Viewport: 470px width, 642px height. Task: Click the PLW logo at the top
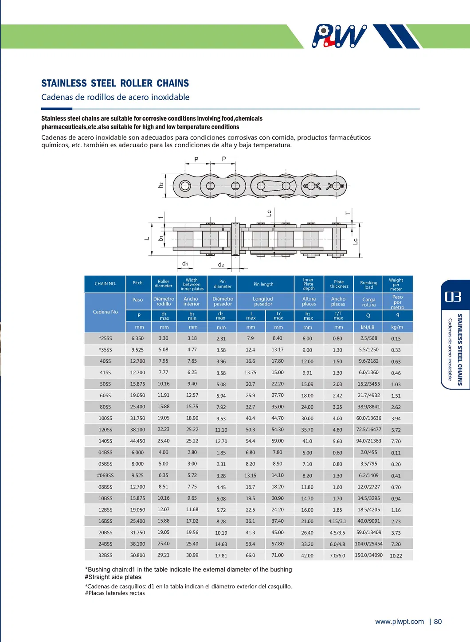pyautogui.click(x=339, y=36)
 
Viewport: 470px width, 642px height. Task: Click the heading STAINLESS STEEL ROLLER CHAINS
pyautogui.click(x=115, y=83)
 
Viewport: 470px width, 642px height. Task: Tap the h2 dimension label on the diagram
pyautogui.click(x=161, y=184)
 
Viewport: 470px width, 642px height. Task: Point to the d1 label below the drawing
pyautogui.click(x=185, y=264)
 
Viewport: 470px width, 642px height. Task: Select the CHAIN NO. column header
pyautogui.click(x=105, y=284)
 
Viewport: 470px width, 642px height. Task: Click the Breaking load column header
pyautogui.click(x=368, y=285)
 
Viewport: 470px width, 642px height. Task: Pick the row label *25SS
pyautogui.click(x=105, y=338)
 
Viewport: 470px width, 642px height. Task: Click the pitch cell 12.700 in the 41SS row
pyautogui.click(x=137, y=373)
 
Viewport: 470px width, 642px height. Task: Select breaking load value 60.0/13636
pyautogui.click(x=368, y=418)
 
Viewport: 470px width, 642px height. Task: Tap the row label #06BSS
pyautogui.click(x=105, y=475)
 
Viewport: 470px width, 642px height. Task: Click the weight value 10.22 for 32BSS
pyautogui.click(x=396, y=556)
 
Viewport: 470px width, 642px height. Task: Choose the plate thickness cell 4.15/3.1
pyautogui.click(x=337, y=521)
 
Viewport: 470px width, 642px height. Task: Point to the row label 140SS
pyautogui.click(x=105, y=441)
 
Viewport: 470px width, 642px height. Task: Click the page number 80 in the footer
pyautogui.click(x=438, y=622)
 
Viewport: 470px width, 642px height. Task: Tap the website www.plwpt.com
pyautogui.click(x=399, y=622)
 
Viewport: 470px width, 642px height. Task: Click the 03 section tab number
pyautogui.click(x=453, y=296)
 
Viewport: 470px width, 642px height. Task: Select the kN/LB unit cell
pyautogui.click(x=368, y=327)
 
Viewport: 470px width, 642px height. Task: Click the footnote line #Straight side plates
pyautogui.click(x=113, y=577)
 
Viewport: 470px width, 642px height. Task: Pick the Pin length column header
pyautogui.click(x=263, y=284)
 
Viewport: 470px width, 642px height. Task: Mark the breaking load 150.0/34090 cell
pyautogui.click(x=368, y=555)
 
